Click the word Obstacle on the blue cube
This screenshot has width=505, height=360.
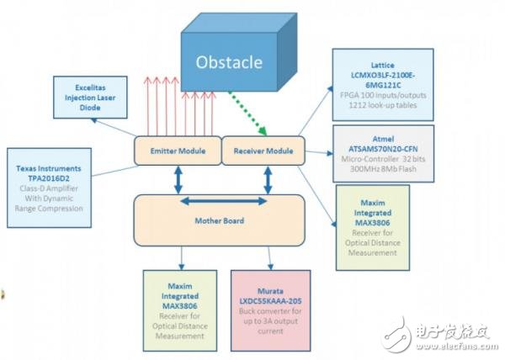pyautogui.click(x=228, y=62)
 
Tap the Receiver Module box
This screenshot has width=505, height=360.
pyautogui.click(x=258, y=151)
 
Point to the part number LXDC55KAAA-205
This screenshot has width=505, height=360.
pyautogui.click(x=271, y=301)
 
